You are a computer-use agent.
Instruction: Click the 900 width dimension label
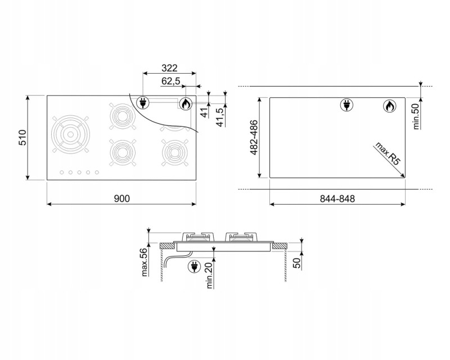pyautogui.click(x=122, y=199)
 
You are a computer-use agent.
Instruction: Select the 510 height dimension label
pyautogui.click(x=22, y=137)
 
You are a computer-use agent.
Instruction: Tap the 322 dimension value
pyautogui.click(x=169, y=68)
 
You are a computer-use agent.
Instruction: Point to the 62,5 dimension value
pyautogui.click(x=171, y=82)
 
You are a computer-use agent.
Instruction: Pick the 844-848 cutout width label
pyautogui.click(x=337, y=199)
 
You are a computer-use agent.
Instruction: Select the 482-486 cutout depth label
pyautogui.click(x=254, y=137)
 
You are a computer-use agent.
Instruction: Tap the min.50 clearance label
pyautogui.click(x=416, y=116)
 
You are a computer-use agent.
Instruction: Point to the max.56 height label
pyautogui.click(x=145, y=262)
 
